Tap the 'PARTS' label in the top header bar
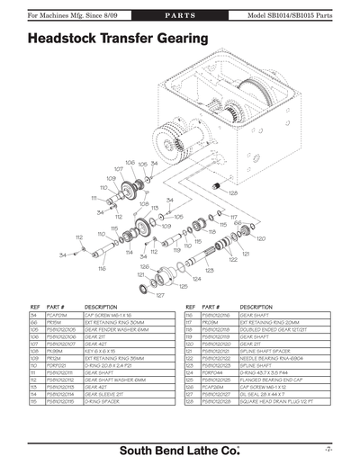pos(179,16)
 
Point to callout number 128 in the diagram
pos(233,192)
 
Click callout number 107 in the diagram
pos(118,168)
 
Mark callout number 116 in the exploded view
pos(103,268)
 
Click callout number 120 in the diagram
pos(260,239)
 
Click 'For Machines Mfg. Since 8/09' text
pos(47,16)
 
